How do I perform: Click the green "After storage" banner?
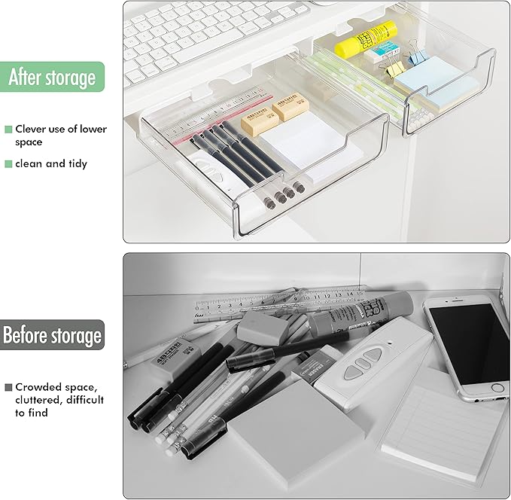point(52,77)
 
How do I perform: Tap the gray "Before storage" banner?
point(52,335)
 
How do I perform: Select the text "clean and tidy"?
point(51,163)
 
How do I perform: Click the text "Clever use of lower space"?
point(60,136)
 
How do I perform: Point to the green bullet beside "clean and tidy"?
point(8,163)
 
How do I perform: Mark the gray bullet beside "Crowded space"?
point(8,387)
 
